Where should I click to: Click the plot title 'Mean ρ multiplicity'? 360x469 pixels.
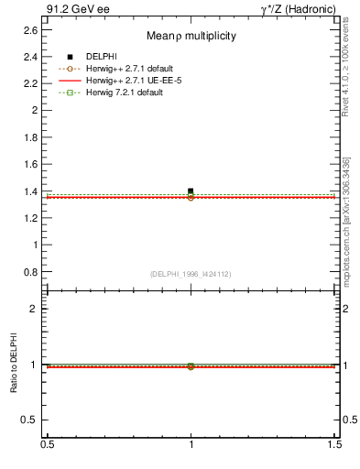pos(191,36)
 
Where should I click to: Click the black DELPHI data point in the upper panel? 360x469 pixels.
pos(191,191)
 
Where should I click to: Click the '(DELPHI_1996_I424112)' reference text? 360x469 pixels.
pos(191,273)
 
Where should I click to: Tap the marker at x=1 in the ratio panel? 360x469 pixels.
pos(191,366)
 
